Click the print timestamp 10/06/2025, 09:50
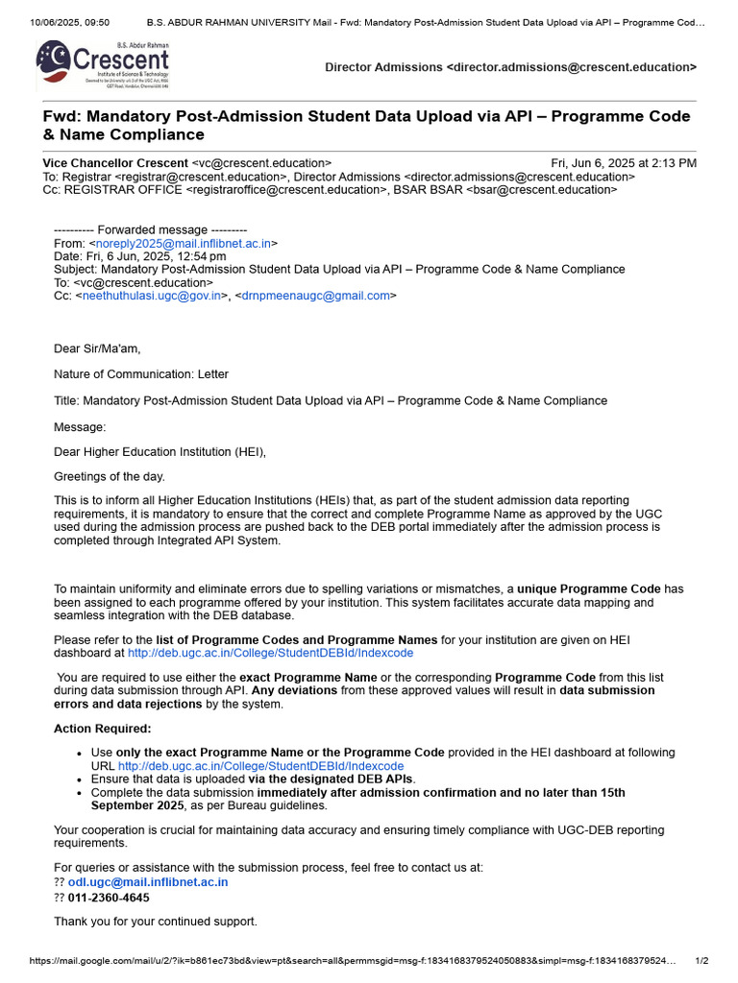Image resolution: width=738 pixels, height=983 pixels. coord(57,21)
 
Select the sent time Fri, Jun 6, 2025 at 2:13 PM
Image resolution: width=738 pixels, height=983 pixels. coord(624,163)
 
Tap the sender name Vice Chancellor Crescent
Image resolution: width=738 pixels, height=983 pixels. coord(115,163)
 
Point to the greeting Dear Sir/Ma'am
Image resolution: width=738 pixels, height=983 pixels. coord(97,348)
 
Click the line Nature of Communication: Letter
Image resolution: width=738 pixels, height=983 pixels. coord(141,374)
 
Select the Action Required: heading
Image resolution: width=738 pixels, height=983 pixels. coord(102,729)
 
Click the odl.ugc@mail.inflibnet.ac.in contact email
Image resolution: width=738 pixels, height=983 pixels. coord(148,881)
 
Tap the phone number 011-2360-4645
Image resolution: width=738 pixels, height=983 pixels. coord(109,898)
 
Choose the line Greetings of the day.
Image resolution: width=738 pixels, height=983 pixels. coord(109,476)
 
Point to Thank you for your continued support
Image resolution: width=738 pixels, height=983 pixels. coord(155,922)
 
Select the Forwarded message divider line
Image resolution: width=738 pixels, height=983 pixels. coord(150,230)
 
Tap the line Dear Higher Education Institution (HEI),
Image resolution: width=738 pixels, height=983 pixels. coord(160,451)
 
